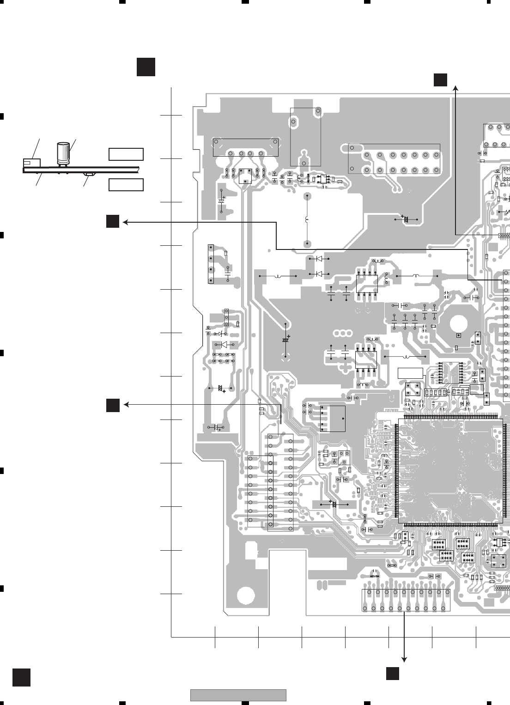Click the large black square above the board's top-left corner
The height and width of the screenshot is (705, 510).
[x=146, y=67]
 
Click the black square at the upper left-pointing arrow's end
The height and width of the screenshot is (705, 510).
[x=113, y=221]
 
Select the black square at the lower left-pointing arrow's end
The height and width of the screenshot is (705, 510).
[x=113, y=405]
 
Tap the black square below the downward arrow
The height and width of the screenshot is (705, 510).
[x=393, y=674]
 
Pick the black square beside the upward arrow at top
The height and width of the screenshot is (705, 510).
[x=440, y=79]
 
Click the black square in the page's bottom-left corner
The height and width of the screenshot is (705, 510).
[x=21, y=677]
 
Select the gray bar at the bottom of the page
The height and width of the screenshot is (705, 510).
[x=238, y=695]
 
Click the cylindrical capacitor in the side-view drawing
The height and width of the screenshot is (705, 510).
[x=63, y=153]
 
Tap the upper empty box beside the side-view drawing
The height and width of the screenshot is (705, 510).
[x=126, y=154]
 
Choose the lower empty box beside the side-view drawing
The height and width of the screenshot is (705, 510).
[x=126, y=185]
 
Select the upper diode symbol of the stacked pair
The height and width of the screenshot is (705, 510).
[x=318, y=259]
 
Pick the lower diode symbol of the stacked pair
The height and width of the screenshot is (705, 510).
[x=318, y=274]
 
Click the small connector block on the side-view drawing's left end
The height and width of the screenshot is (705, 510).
[x=31, y=163]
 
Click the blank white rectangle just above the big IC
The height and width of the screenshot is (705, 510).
[x=410, y=373]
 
